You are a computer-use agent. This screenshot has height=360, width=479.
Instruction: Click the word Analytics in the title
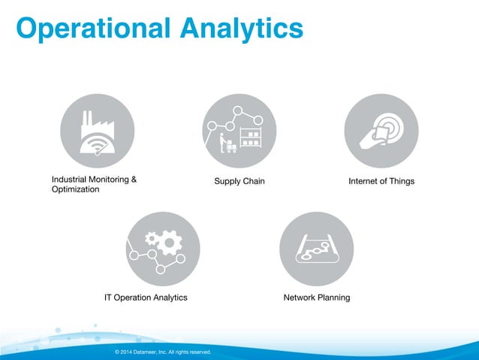click(241, 28)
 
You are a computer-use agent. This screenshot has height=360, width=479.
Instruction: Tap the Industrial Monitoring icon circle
click(97, 131)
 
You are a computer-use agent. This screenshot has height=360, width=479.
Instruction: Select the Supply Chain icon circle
click(239, 131)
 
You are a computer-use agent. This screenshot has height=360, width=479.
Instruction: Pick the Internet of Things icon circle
click(381, 131)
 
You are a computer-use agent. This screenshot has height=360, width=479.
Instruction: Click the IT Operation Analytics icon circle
click(163, 248)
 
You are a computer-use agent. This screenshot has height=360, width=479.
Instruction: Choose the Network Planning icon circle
click(316, 248)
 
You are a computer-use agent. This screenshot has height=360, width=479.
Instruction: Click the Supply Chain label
click(239, 182)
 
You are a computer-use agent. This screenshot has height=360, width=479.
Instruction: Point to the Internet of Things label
click(381, 182)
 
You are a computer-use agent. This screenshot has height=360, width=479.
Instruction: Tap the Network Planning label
click(316, 298)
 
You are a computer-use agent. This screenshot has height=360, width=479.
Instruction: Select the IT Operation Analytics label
click(146, 298)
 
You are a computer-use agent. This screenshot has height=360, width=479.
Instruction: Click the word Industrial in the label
click(69, 180)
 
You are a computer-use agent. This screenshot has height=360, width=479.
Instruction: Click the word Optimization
click(75, 190)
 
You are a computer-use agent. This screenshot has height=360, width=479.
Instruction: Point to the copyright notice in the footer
click(163, 352)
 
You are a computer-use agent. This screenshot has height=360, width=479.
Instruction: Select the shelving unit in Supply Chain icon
click(250, 140)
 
